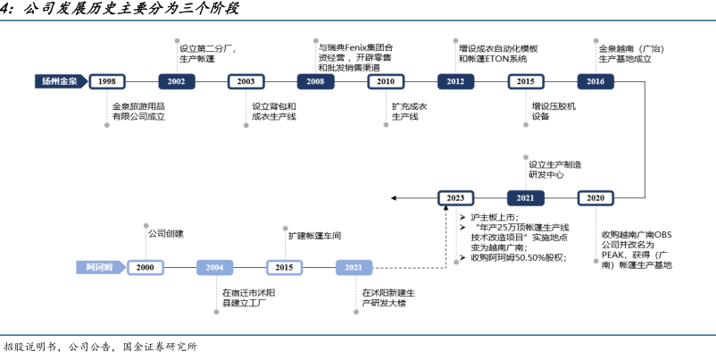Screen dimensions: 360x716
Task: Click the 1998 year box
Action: tap(107, 81)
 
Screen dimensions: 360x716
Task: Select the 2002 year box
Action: tap(177, 81)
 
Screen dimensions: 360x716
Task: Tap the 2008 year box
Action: tap(315, 81)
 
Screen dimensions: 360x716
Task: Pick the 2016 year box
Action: tap(595, 81)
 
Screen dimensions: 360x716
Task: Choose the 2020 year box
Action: tap(595, 197)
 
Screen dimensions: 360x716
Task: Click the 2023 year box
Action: tap(455, 197)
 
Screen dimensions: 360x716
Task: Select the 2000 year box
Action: tap(146, 267)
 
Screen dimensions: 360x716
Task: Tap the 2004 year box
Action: tap(214, 267)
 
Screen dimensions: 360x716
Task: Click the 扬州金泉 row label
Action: tap(60, 81)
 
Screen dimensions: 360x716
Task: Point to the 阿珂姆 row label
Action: tap(99, 267)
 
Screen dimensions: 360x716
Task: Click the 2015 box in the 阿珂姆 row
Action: tap(284, 267)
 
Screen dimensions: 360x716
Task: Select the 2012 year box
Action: tap(455, 81)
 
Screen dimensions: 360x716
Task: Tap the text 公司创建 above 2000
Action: tap(165, 234)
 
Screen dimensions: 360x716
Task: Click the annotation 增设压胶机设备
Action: tap(554, 111)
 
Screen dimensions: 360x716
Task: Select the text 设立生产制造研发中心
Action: tap(554, 170)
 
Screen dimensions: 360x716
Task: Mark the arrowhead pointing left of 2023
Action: tap(395, 197)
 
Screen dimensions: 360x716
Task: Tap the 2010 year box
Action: tap(386, 81)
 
